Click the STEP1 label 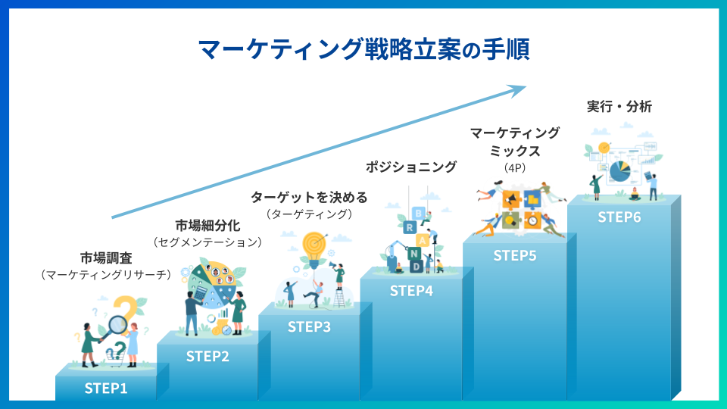pos(106,389)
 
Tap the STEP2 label pos(207,357)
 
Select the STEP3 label pos(309,327)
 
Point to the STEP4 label pos(411,290)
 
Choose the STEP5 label pos(515,255)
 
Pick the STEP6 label pos(619,217)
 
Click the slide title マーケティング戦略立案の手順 pos(363,49)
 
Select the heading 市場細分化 pos(207,225)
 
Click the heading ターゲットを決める pos(309,198)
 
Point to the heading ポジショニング pos(411,167)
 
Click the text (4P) pos(514,167)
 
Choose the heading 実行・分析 pos(619,107)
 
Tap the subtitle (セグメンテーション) pos(207,242)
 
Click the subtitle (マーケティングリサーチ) pos(106,274)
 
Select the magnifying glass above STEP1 pos(117,325)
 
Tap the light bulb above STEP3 pos(313,245)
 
